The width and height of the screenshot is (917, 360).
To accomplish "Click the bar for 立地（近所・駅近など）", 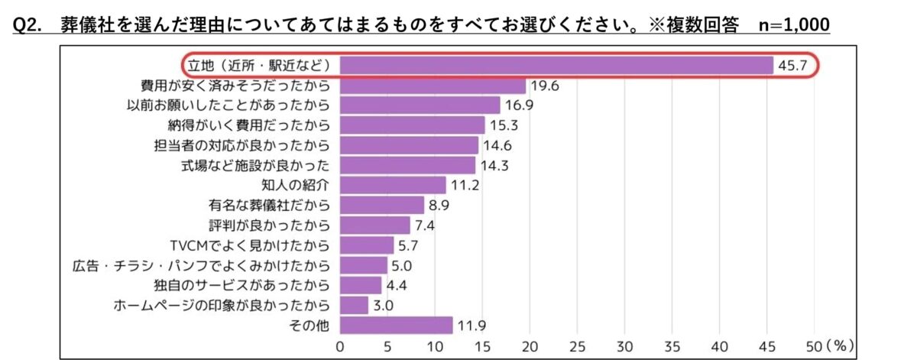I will click(556, 65).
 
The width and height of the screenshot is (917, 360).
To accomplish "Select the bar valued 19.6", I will click(433, 85).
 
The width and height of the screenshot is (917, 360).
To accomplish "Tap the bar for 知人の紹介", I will click(393, 185).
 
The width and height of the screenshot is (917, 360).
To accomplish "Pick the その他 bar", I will click(396, 325).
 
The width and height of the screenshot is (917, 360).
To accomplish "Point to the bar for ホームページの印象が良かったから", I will click(354, 305).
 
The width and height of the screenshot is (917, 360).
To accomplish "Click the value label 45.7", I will click(792, 66).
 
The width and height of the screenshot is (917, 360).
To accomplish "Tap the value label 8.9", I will click(441, 205).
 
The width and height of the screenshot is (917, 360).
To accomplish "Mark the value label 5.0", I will click(403, 265).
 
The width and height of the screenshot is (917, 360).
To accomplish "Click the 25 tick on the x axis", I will click(578, 345).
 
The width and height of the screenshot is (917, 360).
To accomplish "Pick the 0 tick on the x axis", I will click(340, 345).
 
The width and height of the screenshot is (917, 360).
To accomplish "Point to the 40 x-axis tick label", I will click(720, 345).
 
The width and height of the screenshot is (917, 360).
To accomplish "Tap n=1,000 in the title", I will click(794, 25).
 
